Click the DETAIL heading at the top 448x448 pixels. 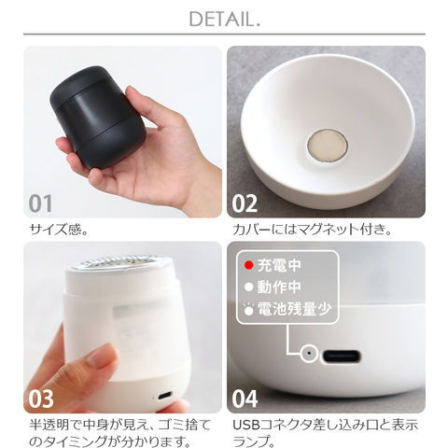click(x=224, y=20)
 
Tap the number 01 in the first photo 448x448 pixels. click(x=40, y=203)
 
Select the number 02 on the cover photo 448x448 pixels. click(x=245, y=203)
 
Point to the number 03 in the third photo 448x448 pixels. click(x=41, y=399)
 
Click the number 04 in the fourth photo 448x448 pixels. click(x=245, y=399)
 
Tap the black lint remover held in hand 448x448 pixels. click(x=98, y=117)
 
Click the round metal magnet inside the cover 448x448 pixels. click(x=328, y=146)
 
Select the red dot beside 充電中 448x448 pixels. click(x=248, y=265)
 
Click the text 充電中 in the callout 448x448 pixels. click(x=279, y=265)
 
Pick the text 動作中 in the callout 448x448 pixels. click(x=279, y=287)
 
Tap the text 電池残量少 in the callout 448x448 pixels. click(x=294, y=309)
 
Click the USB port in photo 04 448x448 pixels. click(x=341, y=357)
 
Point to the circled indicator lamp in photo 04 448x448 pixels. click(x=309, y=354)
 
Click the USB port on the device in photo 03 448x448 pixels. click(x=165, y=396)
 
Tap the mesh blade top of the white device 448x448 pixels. click(x=119, y=262)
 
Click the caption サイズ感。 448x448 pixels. click(x=59, y=230)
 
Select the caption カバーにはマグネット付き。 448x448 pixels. click(x=312, y=230)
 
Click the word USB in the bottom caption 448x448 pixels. click(x=246, y=425)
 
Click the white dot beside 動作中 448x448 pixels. click(x=248, y=287)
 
